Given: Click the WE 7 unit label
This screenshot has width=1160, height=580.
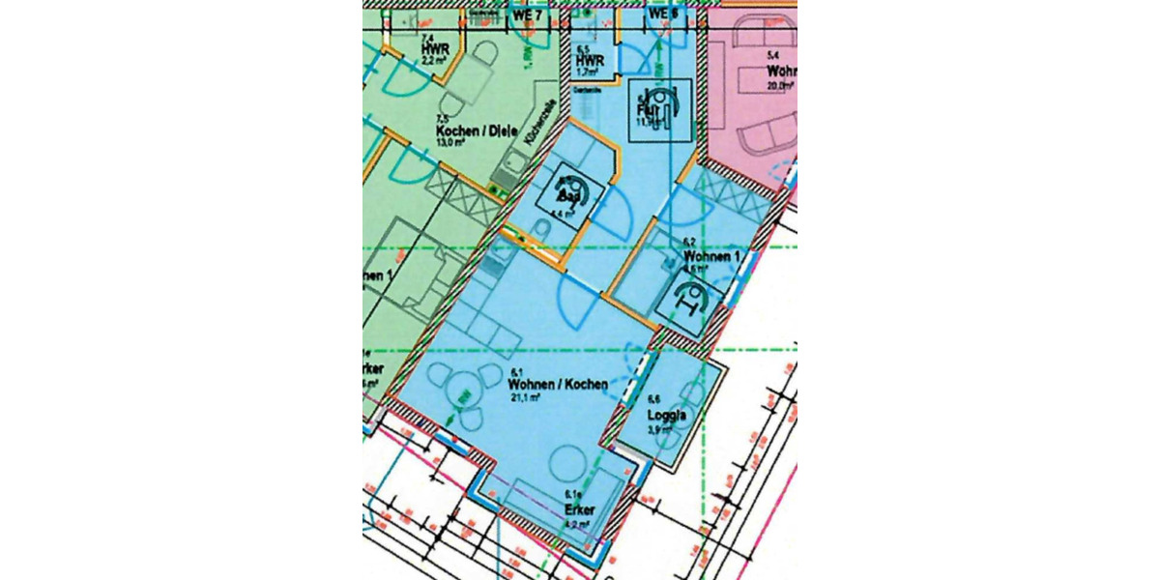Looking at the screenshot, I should coord(526,15).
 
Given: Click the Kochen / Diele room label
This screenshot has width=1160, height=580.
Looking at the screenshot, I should coord(478,131).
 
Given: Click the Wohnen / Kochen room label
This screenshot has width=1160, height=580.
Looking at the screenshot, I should coord(559,385).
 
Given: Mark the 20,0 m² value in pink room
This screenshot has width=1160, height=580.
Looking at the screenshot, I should coord(781,85).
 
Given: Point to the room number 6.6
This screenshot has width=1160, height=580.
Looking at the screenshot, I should coord(653,398).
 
